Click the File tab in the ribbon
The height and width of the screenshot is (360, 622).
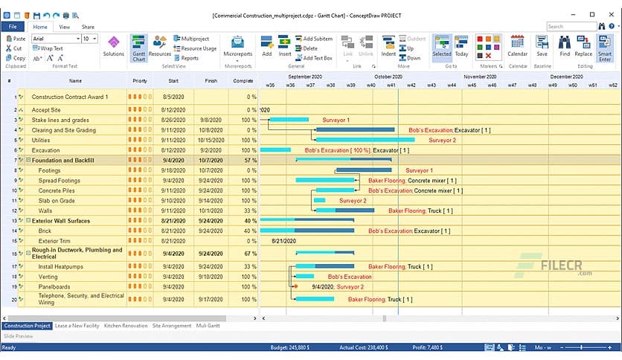13,27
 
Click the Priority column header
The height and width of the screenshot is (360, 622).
139,80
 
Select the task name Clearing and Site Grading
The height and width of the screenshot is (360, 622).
63,130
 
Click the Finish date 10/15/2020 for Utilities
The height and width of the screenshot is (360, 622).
211,140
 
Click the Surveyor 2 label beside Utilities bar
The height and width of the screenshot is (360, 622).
442,140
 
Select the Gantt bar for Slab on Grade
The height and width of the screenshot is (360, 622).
319,200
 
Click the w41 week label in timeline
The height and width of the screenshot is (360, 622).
391,85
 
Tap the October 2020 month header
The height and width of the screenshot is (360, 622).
388,76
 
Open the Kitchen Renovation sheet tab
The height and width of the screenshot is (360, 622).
126,326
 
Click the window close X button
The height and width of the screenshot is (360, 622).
612,14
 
